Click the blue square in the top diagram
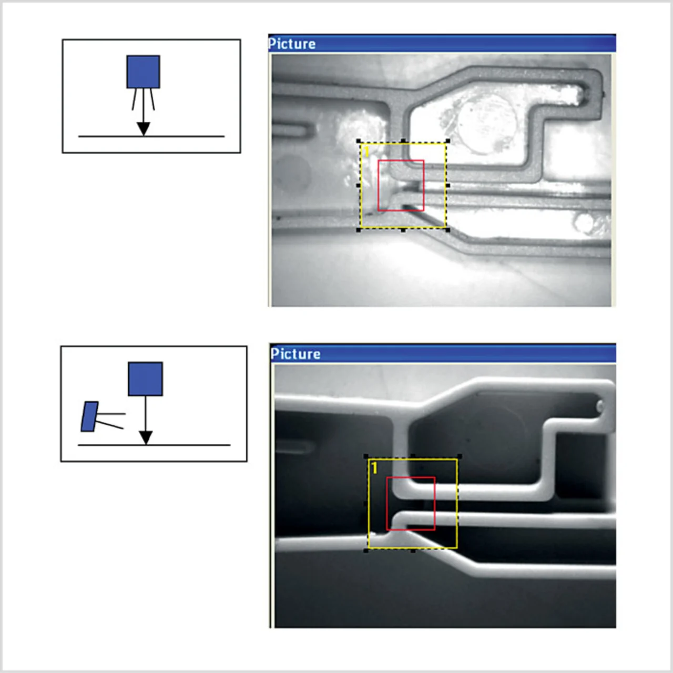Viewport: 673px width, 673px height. point(143,72)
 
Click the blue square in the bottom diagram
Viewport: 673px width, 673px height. point(145,379)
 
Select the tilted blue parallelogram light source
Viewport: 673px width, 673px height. point(89,416)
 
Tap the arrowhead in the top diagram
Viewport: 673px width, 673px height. point(143,129)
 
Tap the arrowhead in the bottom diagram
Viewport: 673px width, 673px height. point(146,437)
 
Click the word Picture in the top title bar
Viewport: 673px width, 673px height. point(292,44)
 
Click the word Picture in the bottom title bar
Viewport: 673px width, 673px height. point(295,354)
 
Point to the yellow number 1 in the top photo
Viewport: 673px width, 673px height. point(366,151)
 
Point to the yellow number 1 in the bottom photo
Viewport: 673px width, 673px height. point(374,468)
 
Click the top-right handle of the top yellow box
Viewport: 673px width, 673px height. point(448,141)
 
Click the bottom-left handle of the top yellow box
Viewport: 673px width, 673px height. point(359,230)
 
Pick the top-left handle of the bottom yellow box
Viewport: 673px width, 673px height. point(366,456)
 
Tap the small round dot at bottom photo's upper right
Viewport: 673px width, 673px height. point(600,406)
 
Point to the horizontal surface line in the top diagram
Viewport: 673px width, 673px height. point(151,136)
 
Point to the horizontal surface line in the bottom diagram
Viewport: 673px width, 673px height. point(154,445)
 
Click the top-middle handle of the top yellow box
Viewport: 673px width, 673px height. point(403,141)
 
